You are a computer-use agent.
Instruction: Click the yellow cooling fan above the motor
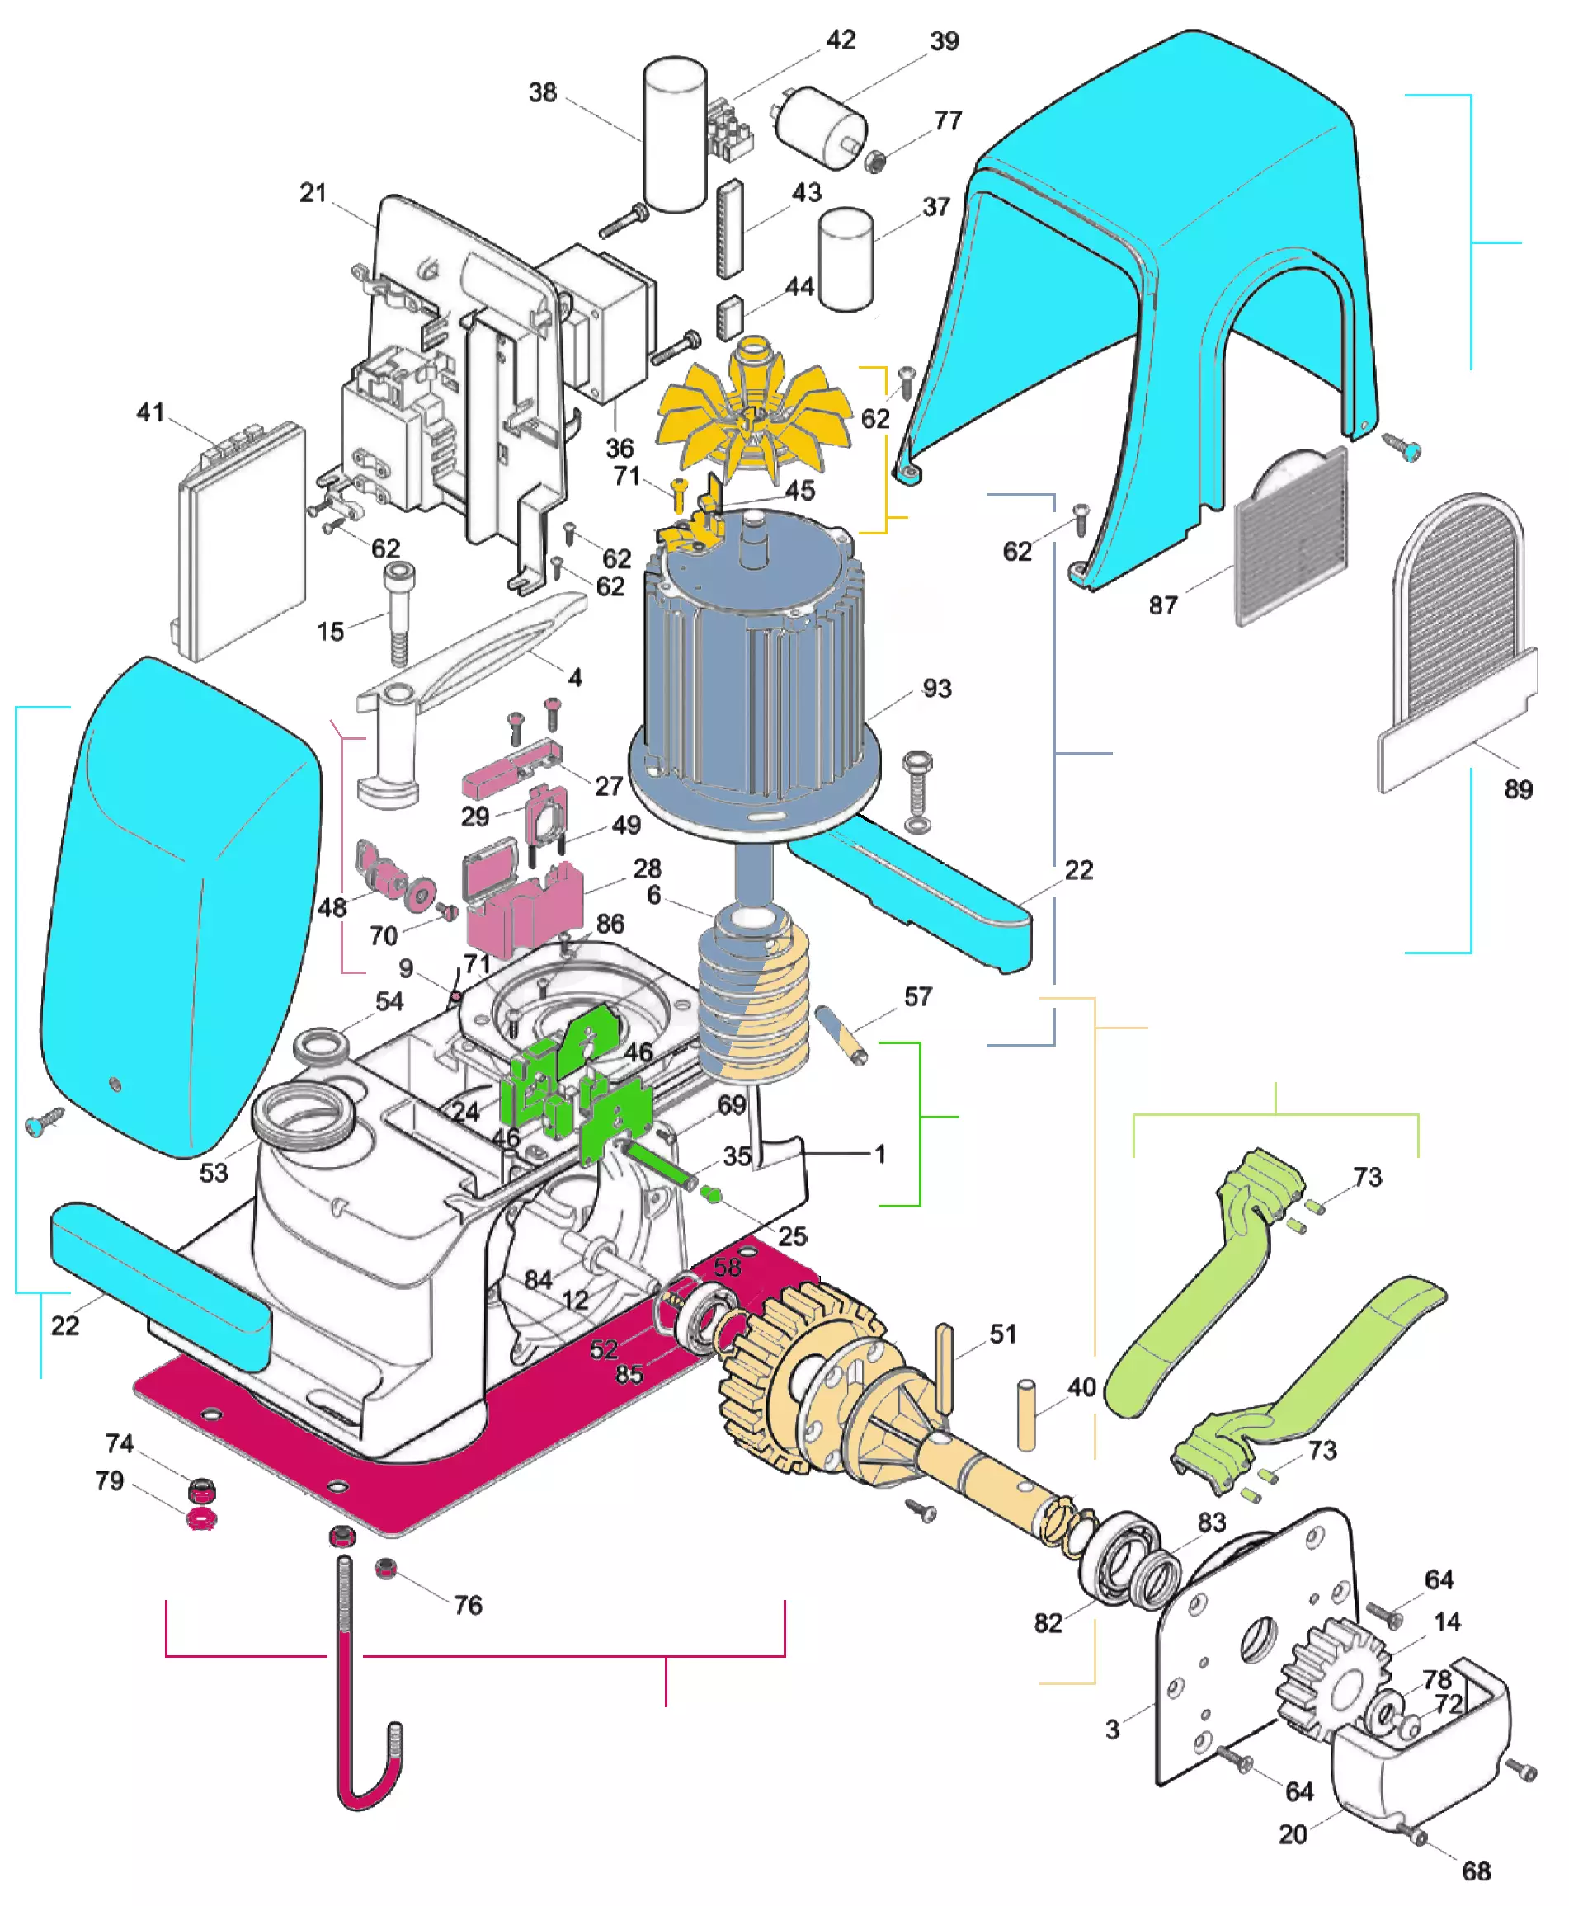point(753,416)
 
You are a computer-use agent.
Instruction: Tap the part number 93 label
point(936,689)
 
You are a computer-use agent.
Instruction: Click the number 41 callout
point(150,412)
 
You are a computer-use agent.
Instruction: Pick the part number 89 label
point(1518,789)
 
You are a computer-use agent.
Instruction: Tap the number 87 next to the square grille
point(1162,605)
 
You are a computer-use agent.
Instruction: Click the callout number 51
point(1002,1334)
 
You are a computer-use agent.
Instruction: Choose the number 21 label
point(313,192)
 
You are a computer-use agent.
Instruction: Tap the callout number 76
point(467,1605)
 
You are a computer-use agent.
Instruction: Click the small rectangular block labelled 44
point(729,318)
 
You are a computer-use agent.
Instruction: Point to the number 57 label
point(917,997)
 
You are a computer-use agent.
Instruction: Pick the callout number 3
point(1112,1729)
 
